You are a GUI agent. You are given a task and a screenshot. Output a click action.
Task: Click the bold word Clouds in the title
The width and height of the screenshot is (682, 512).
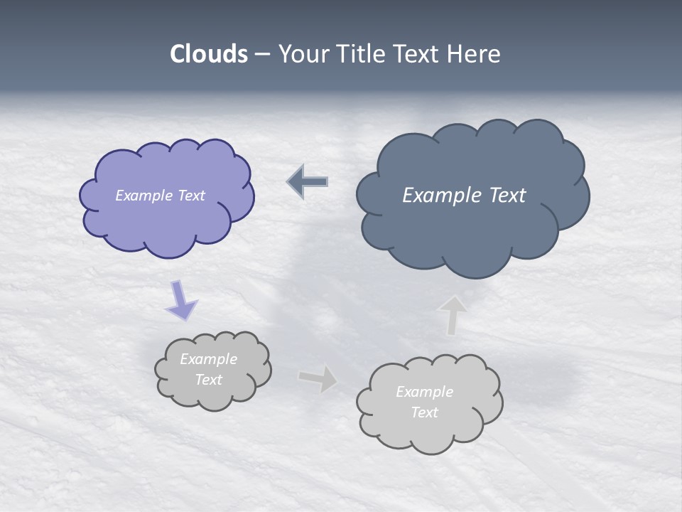click(209, 54)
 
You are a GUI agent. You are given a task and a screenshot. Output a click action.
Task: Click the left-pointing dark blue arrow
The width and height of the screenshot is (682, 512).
click(308, 182)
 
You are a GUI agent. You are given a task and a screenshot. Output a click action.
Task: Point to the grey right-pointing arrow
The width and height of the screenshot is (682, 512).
click(318, 378)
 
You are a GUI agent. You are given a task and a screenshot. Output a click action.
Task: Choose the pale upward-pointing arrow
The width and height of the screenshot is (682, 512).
click(452, 315)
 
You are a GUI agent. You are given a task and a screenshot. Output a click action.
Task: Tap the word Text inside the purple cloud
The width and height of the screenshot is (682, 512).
click(190, 196)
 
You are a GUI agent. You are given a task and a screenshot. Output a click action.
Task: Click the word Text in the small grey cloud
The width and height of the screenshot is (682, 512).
click(208, 380)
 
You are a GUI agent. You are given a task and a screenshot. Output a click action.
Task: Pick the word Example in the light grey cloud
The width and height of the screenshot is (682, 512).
click(424, 392)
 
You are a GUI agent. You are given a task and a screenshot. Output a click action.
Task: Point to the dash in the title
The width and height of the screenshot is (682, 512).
click(261, 55)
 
